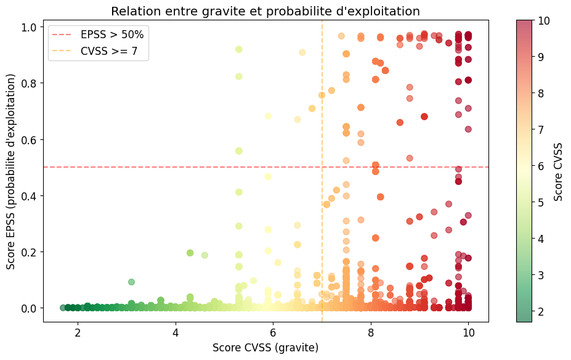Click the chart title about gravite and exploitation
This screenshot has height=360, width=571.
click(265, 11)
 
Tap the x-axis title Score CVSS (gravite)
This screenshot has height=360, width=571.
click(265, 348)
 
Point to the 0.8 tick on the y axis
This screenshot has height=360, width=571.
click(28, 83)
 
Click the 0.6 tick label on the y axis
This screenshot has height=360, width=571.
click(28, 139)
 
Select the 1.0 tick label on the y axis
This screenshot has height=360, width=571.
click(28, 27)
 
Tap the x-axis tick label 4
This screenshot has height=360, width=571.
click(176, 332)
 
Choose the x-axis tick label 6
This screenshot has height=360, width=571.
click(273, 332)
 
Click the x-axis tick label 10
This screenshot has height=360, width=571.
click(468, 332)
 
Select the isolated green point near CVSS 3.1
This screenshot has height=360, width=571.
click(131, 282)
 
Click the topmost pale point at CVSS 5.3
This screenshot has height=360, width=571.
click(239, 49)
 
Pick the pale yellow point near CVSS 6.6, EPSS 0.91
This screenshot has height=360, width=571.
click(302, 52)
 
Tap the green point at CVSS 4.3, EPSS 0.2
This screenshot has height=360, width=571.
click(190, 253)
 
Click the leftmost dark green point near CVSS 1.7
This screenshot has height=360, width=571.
click(63, 308)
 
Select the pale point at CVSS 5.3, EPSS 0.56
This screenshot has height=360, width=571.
click(239, 151)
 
